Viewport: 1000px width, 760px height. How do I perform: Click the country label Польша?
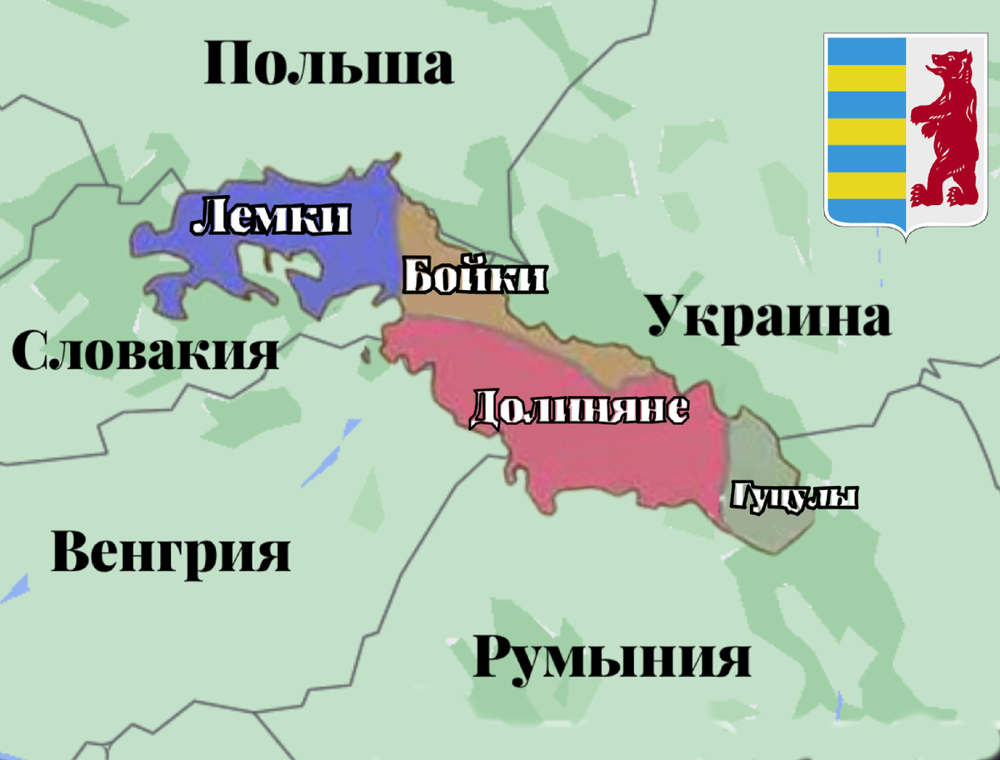[x=329, y=65]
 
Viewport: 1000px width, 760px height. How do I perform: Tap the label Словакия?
[x=146, y=351]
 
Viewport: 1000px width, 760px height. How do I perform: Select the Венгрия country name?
[x=171, y=552]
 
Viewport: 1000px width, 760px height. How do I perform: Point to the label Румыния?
[x=612, y=657]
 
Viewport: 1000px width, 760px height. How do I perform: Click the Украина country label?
[x=768, y=317]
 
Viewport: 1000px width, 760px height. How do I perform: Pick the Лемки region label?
[x=270, y=219]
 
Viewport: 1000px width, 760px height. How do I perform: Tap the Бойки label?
[x=474, y=277]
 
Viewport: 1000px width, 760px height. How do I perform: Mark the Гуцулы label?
[x=793, y=497]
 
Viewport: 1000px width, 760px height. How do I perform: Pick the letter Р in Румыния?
[x=497, y=657]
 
